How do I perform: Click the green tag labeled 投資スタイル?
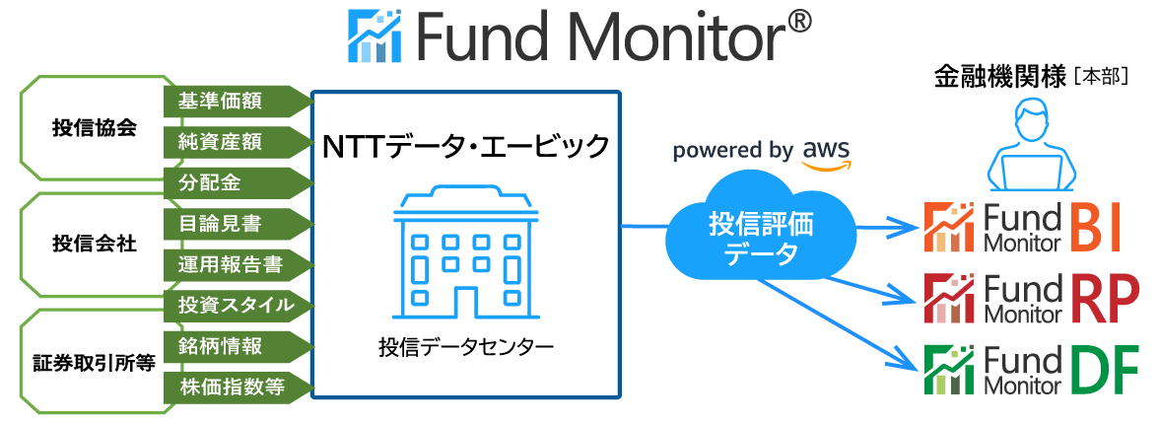pos(237,305)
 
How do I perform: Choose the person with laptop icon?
pos(1031,148)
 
